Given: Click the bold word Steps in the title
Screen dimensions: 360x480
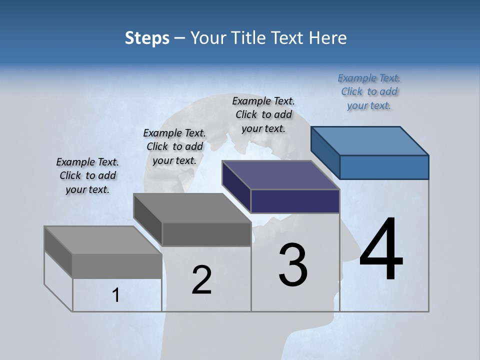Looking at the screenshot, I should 147,38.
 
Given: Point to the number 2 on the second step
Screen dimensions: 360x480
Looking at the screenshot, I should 201,279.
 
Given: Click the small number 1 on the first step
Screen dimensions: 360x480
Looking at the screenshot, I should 116,295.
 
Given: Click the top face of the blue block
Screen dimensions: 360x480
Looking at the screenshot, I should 369,140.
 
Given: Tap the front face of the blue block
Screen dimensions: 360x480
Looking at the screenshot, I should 384,167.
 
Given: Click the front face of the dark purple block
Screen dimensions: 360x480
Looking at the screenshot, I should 295,201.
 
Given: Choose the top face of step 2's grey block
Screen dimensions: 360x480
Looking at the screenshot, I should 192,207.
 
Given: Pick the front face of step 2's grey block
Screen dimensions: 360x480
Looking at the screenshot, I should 206,234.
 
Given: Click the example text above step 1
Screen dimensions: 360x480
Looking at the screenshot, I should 87,175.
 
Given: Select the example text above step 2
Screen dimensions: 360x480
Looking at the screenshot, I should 174,146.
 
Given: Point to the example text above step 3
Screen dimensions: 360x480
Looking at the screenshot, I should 263,114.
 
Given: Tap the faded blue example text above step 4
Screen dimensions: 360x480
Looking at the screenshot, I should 369,91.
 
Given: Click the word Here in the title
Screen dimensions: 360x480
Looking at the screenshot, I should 328,38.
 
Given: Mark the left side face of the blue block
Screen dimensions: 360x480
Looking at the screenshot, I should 325,152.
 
